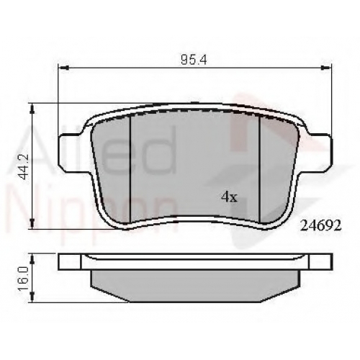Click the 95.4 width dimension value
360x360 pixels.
(194, 60)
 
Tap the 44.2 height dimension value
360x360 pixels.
(24, 166)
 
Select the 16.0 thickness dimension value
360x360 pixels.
(24, 279)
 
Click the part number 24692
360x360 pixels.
(321, 225)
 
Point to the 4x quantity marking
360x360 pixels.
(229, 197)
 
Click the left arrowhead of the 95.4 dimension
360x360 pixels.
(63, 68)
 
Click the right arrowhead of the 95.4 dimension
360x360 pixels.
(326, 68)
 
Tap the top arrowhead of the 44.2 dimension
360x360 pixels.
(32, 109)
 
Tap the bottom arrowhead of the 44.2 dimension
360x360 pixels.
(32, 223)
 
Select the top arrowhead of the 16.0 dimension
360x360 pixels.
(32, 258)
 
